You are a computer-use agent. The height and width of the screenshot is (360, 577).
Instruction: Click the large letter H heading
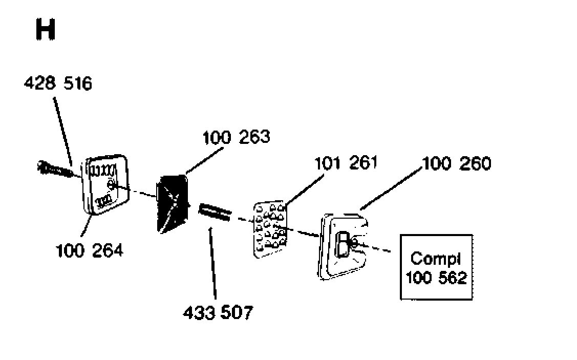point(46,30)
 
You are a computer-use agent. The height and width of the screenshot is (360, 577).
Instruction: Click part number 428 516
point(58,83)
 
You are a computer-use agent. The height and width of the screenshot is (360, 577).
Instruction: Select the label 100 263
point(236,137)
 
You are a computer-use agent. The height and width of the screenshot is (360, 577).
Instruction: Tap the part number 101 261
point(346,163)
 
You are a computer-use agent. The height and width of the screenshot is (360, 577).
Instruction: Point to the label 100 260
point(457,163)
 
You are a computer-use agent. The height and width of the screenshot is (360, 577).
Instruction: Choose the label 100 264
point(90,251)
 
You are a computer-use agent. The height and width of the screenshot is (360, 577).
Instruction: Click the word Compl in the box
point(436,259)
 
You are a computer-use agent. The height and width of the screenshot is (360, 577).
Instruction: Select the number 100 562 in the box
point(436,278)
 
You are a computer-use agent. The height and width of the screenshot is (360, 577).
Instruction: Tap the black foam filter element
point(172,204)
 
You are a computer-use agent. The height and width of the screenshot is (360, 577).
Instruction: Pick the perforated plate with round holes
point(270,229)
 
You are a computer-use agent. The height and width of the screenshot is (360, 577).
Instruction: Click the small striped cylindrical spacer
point(215,212)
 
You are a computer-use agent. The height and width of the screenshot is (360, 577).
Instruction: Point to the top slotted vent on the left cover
point(103,171)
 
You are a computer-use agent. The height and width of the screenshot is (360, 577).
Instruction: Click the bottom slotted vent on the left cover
point(104,201)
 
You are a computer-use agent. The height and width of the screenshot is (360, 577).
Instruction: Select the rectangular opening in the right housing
point(343,244)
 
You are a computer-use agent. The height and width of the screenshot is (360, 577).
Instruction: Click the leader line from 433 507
point(212,264)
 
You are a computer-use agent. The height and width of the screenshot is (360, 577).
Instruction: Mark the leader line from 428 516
point(62,132)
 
